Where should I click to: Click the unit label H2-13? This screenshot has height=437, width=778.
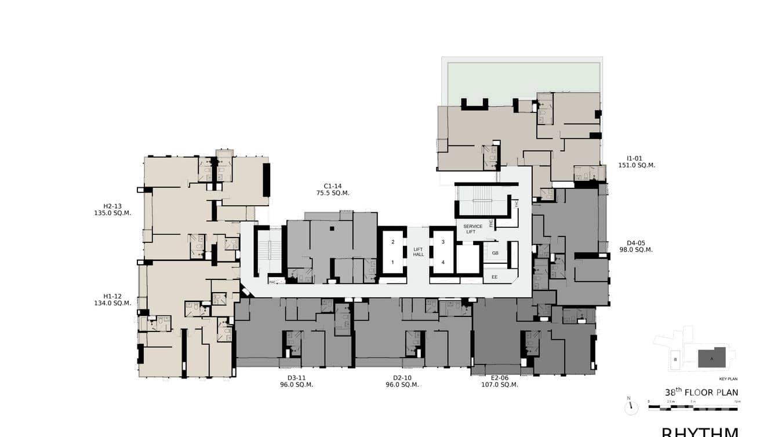point(112,206)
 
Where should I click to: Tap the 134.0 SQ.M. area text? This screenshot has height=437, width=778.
point(112,303)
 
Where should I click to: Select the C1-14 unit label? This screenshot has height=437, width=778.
point(333,186)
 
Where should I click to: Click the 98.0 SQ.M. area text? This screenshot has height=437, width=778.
point(635,250)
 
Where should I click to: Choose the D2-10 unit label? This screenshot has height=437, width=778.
point(402,378)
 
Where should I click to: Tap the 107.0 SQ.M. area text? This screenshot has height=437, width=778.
point(499,384)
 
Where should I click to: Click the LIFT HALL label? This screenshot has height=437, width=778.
point(419,252)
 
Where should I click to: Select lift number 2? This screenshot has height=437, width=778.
point(392,242)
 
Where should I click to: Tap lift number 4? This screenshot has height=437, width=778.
point(443,262)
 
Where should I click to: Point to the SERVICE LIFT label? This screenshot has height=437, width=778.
point(472,229)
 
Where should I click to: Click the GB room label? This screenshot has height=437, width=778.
point(495,253)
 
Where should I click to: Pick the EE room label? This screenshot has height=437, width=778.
point(495,277)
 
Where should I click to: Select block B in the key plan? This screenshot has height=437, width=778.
point(675,359)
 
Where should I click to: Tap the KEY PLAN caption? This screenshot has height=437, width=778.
point(728,379)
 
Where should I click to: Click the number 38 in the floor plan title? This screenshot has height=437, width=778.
point(670,393)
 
